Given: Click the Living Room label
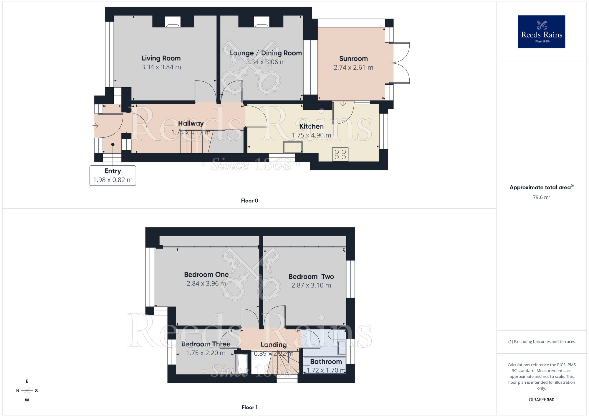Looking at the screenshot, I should coord(161,58).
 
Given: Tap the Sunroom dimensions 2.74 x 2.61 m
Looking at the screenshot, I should coord(353,68).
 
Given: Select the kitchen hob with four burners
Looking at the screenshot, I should coord(340,154).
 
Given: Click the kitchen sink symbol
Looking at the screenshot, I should coord(293,147).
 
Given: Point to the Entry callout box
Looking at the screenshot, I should coord(113,175).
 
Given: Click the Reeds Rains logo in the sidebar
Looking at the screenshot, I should coord(541,32).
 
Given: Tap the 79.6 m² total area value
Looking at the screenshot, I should coord(541,197).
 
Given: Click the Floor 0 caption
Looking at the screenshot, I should coord(249,201).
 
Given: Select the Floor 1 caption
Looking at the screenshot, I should coord(249,407).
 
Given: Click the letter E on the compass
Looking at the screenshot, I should coord(27,381).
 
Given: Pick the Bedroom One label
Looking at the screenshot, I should coord(206,275).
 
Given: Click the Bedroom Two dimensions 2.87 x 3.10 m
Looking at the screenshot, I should coord(311,285).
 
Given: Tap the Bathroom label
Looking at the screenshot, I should coord(326,362).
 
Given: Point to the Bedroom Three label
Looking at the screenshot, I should coord(206,344).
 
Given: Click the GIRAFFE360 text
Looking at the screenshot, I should coord(541,400).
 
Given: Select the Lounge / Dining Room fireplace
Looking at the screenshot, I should coord(262,22).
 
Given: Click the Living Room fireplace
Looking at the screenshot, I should coord(173,22).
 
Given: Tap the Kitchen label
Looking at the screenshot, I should coord(311,126).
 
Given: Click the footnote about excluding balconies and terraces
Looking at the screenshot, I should coord(541,342).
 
